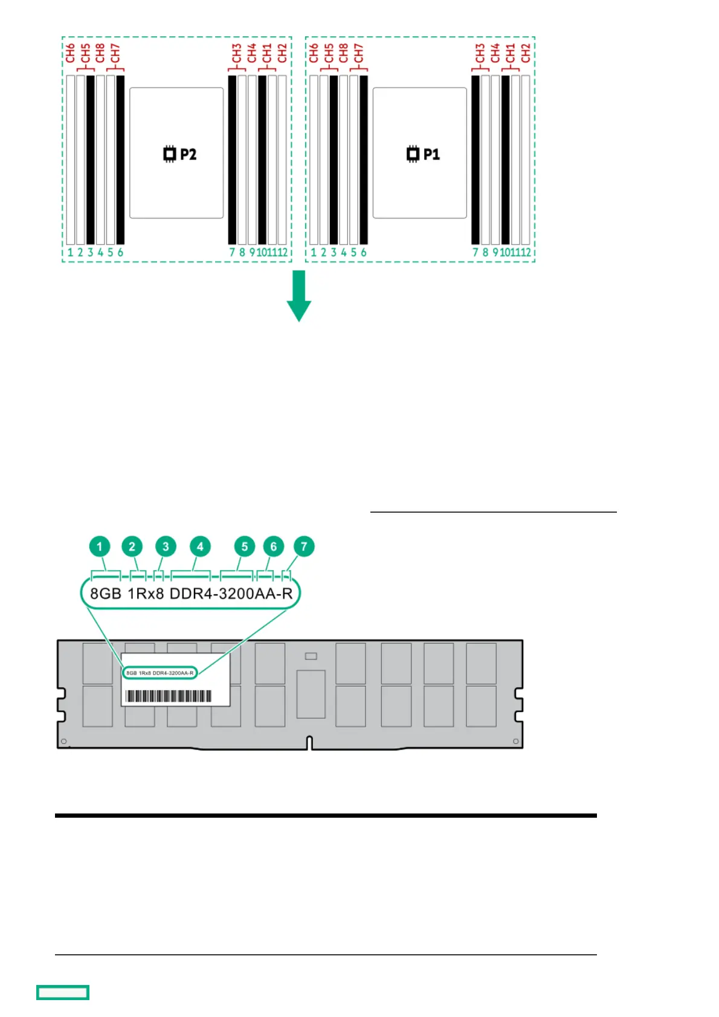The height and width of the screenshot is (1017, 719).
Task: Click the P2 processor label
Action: (x=180, y=154)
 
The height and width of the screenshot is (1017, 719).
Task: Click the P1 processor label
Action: (x=423, y=154)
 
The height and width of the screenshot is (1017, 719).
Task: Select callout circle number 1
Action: (x=100, y=547)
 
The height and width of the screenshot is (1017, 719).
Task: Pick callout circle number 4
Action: (x=200, y=547)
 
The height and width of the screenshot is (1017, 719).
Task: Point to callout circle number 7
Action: (x=304, y=547)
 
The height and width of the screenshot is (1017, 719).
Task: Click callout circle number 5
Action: (x=245, y=547)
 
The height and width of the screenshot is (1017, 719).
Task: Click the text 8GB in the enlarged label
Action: (x=106, y=594)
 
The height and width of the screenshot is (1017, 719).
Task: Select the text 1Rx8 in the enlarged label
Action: (x=146, y=594)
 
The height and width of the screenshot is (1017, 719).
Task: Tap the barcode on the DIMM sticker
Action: (x=169, y=696)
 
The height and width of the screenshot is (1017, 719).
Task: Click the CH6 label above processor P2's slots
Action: (x=71, y=53)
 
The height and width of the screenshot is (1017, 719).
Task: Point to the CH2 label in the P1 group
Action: (x=526, y=53)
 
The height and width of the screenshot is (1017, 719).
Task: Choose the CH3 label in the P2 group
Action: (x=236, y=53)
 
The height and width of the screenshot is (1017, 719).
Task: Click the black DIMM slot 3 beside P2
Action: (x=91, y=159)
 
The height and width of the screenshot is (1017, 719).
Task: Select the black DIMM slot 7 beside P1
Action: (x=476, y=159)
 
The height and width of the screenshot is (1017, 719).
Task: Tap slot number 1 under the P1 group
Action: (x=314, y=252)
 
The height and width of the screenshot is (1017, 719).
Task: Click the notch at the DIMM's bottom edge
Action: (x=309, y=743)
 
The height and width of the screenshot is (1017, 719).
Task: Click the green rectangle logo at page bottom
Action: (x=63, y=992)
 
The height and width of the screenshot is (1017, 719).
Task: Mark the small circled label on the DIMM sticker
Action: (x=160, y=673)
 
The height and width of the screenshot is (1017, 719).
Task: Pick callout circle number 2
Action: (x=132, y=547)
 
